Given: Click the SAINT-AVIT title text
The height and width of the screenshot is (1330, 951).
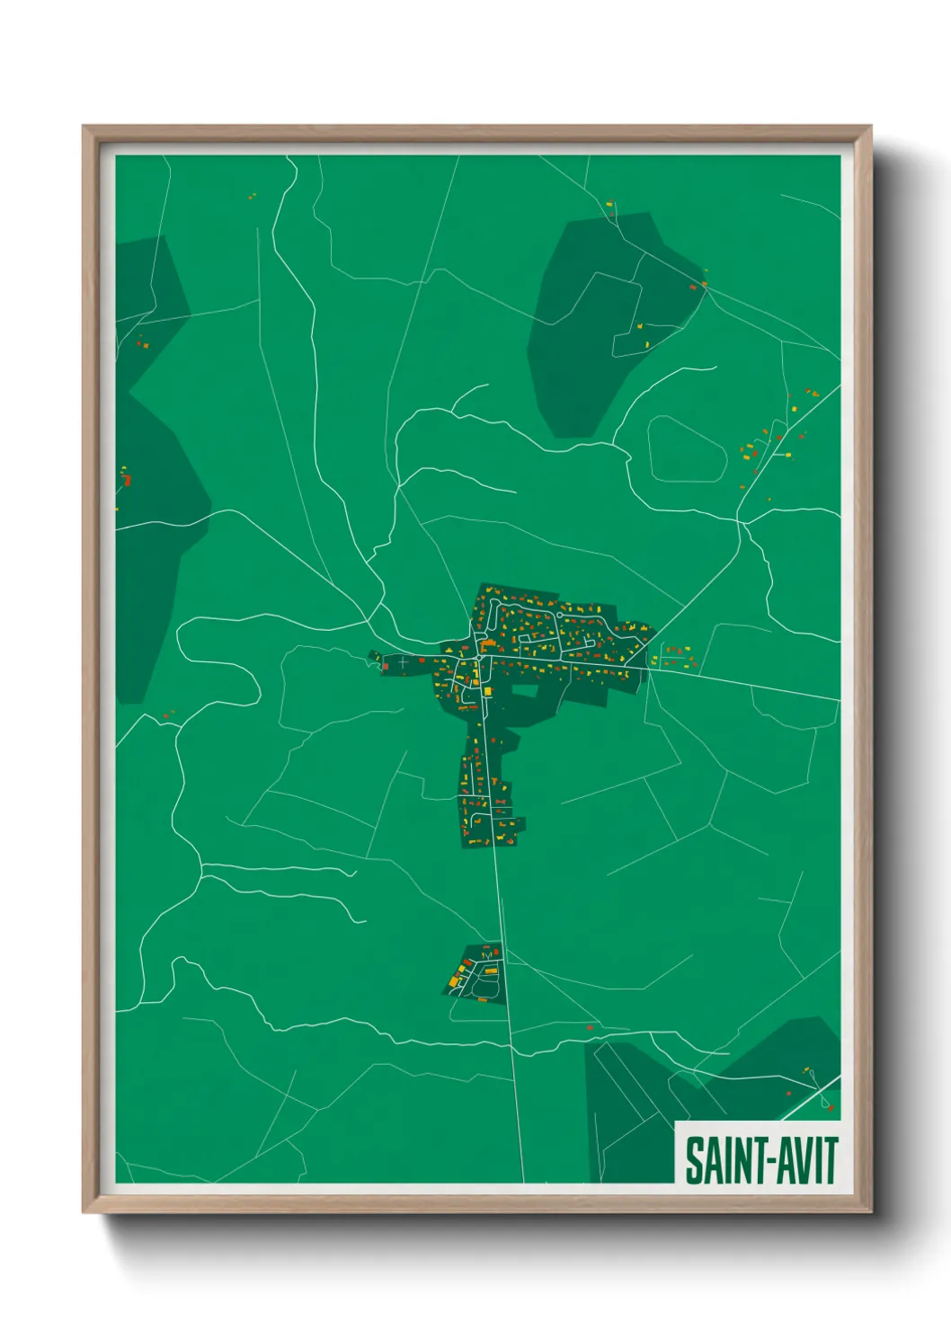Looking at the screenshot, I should (x=760, y=1160).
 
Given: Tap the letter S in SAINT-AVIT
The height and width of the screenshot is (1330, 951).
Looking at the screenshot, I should (x=694, y=1160).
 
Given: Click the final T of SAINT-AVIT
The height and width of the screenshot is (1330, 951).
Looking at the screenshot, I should (x=831, y=1160).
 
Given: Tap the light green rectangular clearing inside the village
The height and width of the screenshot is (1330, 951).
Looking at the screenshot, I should (x=524, y=691).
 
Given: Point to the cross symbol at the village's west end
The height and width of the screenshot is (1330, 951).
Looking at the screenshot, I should (x=404, y=662).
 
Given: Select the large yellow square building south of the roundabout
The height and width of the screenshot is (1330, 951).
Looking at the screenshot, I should (x=487, y=690).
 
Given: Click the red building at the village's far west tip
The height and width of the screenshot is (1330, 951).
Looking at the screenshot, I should (x=385, y=666).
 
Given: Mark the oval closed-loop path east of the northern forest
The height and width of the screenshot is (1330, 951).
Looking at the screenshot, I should (x=687, y=448).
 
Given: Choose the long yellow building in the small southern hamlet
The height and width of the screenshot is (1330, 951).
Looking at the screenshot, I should (x=491, y=971).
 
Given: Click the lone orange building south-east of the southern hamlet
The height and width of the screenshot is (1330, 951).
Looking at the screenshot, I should (x=590, y=1026).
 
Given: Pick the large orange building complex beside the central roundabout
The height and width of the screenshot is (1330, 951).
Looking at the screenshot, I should (x=488, y=644).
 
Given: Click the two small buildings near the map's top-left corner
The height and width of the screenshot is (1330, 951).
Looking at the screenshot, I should (x=252, y=194).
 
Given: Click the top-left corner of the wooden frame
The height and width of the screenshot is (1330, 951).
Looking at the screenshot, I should (x=84, y=127).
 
